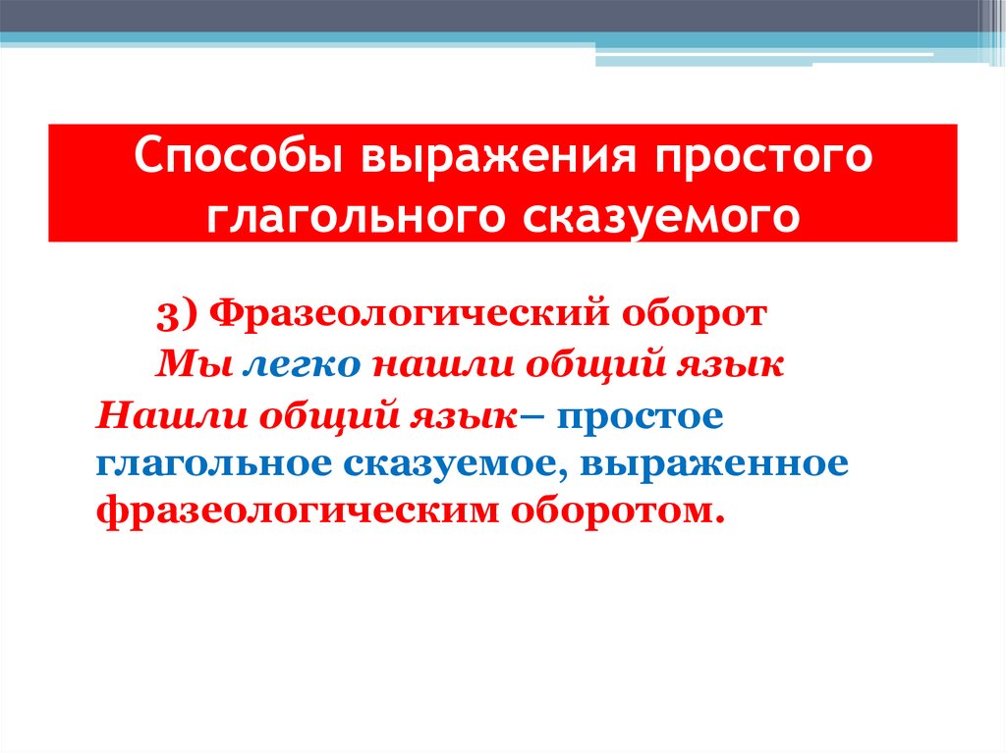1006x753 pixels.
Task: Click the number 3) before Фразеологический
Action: click(178, 315)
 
